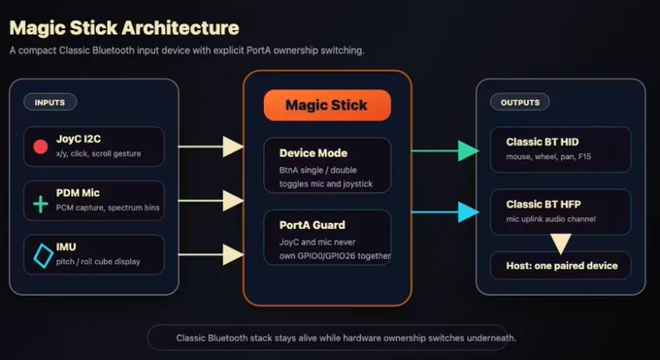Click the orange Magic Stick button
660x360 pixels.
tap(327, 105)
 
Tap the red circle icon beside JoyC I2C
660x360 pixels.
tap(41, 147)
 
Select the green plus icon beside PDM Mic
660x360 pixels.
tap(41, 204)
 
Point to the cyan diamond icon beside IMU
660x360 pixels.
tap(43, 255)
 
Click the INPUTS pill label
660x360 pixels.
tap(49, 102)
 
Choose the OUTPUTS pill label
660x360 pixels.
tap(520, 102)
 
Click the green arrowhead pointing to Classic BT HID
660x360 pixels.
tap(468, 150)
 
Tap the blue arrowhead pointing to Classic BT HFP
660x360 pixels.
tap(468, 212)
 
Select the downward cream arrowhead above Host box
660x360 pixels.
tap(561, 244)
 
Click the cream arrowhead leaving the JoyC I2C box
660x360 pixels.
tap(233, 147)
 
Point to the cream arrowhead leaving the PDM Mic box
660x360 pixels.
tap(233, 201)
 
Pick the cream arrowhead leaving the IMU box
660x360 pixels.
tap(233, 254)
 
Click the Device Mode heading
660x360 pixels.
tap(313, 153)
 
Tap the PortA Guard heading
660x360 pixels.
tap(312, 225)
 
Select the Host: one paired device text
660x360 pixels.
tap(562, 266)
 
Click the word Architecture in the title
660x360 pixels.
tap(181, 28)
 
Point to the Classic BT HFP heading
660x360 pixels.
tap(544, 204)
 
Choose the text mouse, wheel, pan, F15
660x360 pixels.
tap(548, 156)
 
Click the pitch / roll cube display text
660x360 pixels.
tap(98, 261)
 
